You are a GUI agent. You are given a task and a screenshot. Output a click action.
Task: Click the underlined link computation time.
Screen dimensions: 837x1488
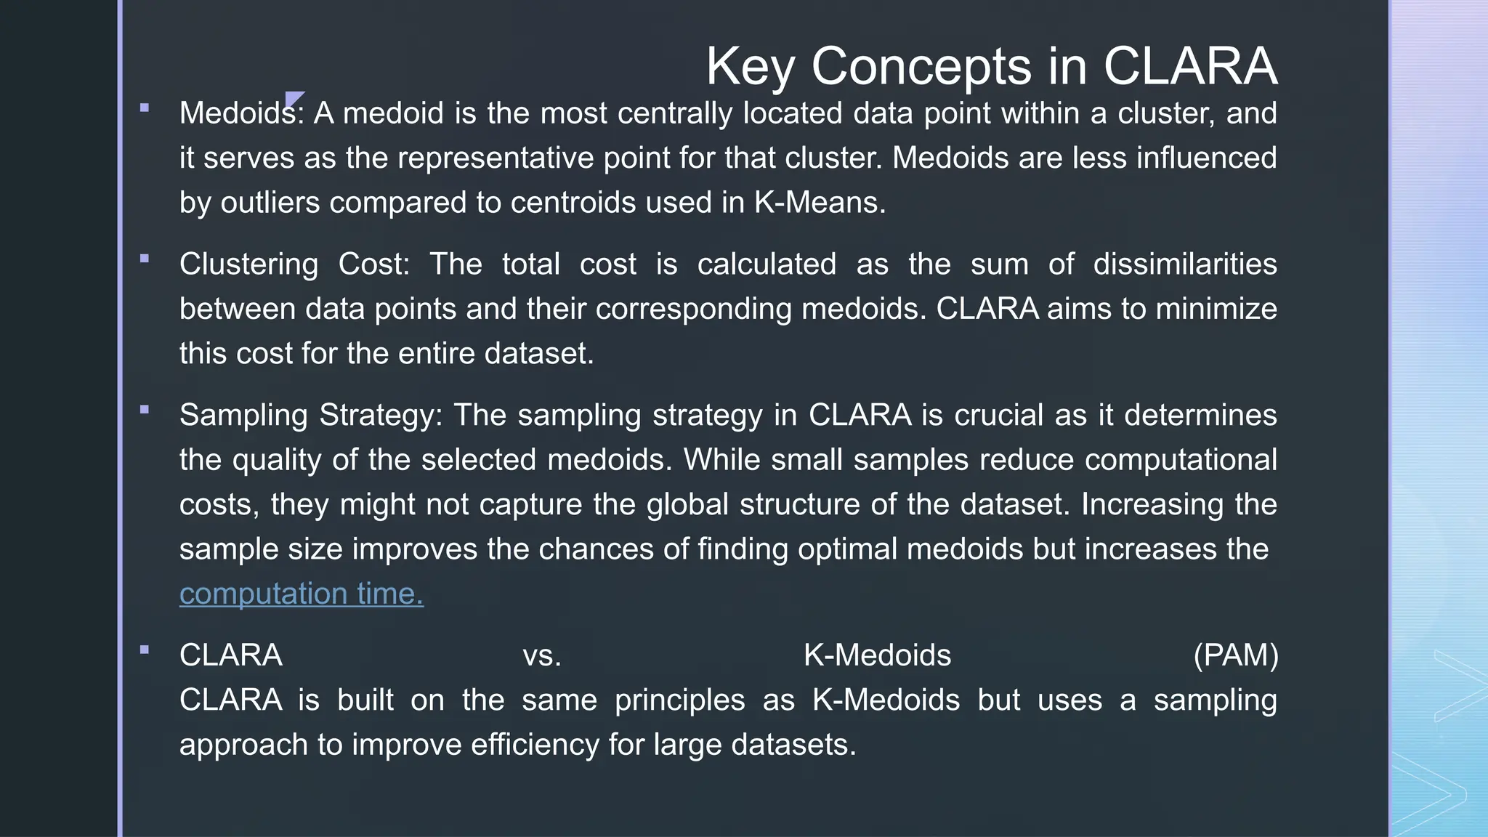[301, 594]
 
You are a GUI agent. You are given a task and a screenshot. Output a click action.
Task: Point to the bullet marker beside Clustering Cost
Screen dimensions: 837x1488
[145, 258]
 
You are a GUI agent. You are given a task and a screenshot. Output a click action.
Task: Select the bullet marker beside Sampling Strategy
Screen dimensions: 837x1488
[145, 409]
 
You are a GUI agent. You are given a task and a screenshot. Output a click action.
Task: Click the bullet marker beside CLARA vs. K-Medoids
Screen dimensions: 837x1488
[145, 650]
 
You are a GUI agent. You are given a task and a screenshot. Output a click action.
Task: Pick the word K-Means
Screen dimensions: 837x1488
[819, 203]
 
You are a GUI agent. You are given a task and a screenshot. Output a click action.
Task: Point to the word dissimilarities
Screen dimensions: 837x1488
[1184, 264]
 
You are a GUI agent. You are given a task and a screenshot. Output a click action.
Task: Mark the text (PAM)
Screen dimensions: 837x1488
[1235, 655]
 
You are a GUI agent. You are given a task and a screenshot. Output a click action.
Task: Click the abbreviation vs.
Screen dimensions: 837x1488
[542, 655]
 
